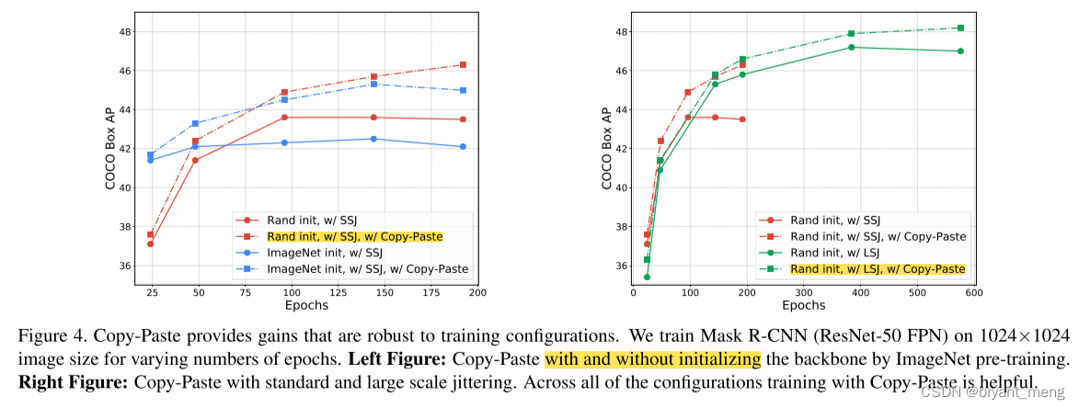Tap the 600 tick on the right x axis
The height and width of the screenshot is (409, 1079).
pyautogui.click(x=973, y=291)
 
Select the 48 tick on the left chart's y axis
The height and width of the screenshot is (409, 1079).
pyautogui.click(x=125, y=31)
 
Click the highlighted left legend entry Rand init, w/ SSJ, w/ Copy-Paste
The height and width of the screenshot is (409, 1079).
pyautogui.click(x=354, y=236)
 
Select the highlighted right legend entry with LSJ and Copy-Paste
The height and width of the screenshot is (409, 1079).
pyautogui.click(x=878, y=268)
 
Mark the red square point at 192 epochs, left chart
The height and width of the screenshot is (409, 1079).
pyautogui.click(x=462, y=64)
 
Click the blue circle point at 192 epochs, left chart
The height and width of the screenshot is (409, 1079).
pyautogui.click(x=462, y=146)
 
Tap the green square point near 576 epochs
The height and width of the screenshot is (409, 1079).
pyautogui.click(x=960, y=28)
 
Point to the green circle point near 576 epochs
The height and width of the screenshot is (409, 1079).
pyautogui.click(x=960, y=51)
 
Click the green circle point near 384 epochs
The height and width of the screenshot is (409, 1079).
pyautogui.click(x=851, y=47)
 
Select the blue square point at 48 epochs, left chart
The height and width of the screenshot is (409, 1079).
pyautogui.click(x=195, y=123)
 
